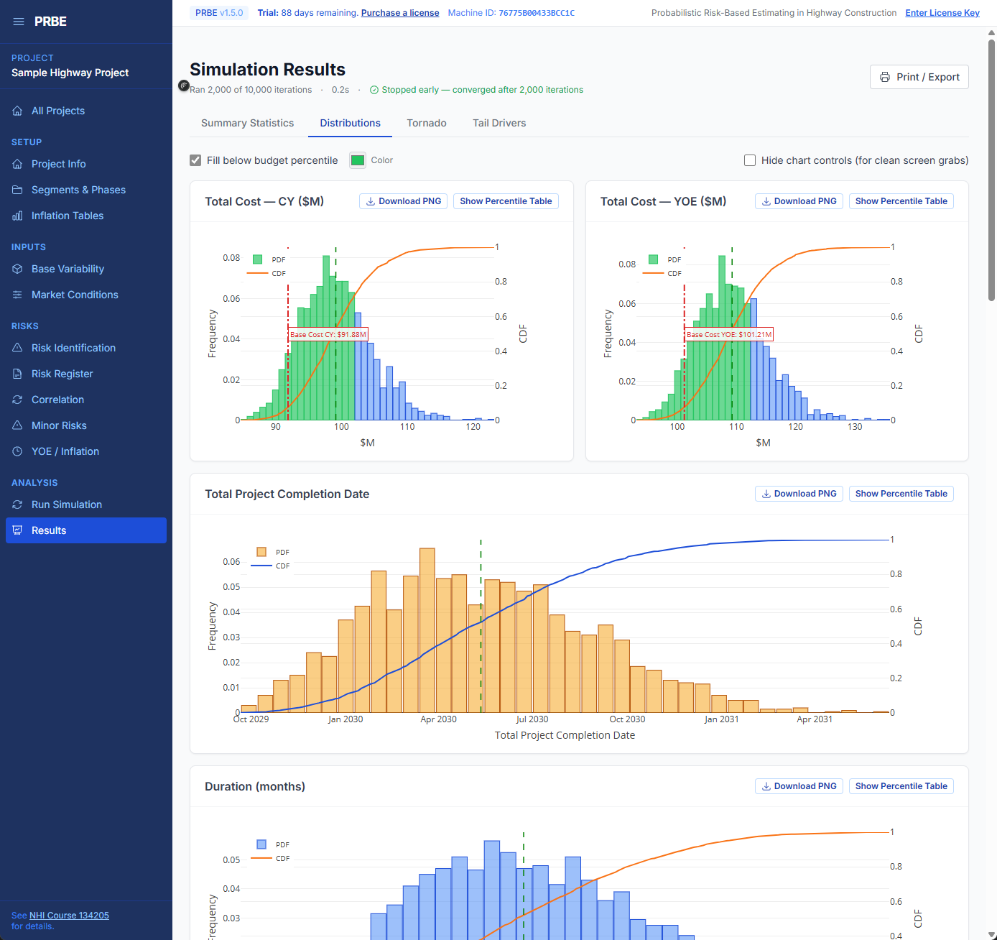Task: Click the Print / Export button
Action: click(x=919, y=77)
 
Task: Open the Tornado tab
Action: click(x=426, y=123)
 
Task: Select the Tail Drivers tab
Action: click(x=498, y=123)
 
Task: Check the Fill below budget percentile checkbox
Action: click(x=195, y=160)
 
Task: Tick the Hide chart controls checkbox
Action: click(x=750, y=160)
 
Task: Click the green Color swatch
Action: click(x=358, y=160)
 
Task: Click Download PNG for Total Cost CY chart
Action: click(x=403, y=201)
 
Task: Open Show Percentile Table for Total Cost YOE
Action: click(x=901, y=201)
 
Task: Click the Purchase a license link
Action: click(x=399, y=13)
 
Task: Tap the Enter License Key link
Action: click(x=942, y=13)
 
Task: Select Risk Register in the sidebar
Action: click(x=62, y=374)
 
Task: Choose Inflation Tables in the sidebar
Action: click(x=67, y=216)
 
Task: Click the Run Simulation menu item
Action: click(x=66, y=504)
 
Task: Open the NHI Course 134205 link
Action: click(x=69, y=916)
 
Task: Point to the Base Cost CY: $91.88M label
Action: click(x=328, y=335)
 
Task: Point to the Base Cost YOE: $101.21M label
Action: click(x=728, y=335)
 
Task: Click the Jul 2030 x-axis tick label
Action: click(x=532, y=719)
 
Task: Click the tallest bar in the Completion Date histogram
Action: click(x=427, y=632)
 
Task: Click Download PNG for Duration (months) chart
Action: click(x=799, y=786)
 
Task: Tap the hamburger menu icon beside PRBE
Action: click(x=19, y=22)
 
